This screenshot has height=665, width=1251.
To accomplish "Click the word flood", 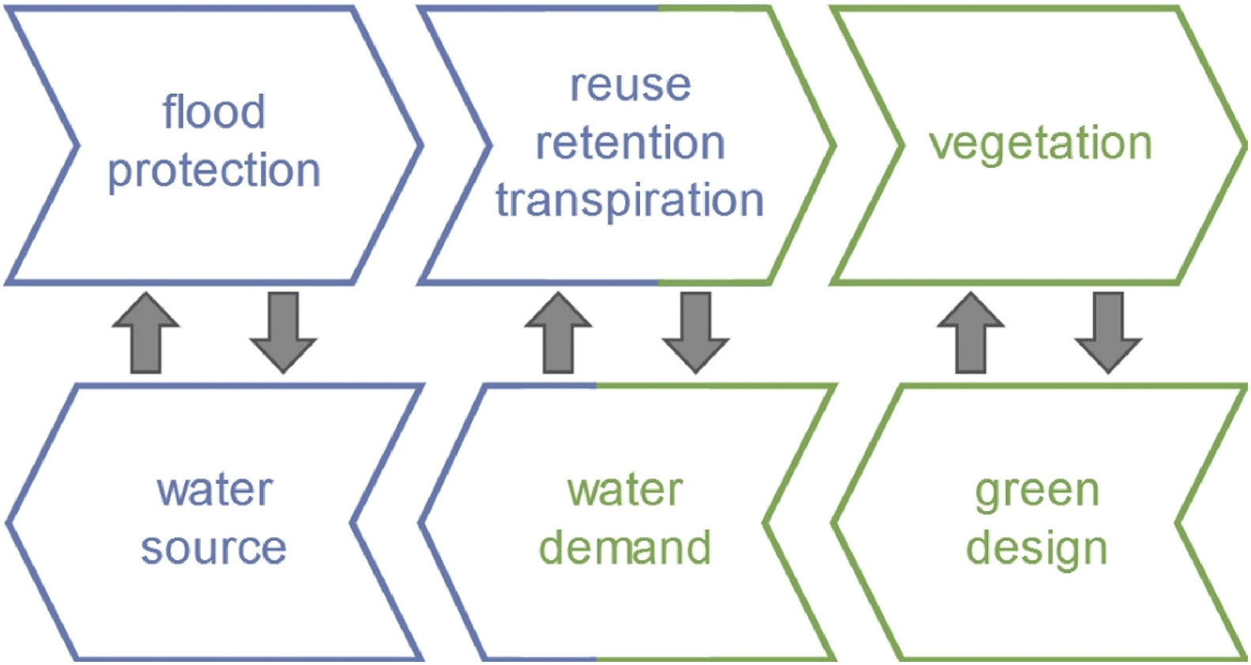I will [213, 112].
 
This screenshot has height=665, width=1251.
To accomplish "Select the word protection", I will [213, 171].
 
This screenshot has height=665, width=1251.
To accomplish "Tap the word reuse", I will [630, 85].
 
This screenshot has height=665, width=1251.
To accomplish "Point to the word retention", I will [630, 143].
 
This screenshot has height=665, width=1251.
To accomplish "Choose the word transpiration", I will [630, 200].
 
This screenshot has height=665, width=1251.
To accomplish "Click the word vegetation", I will [1040, 144].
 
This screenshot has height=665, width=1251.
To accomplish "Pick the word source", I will [213, 547].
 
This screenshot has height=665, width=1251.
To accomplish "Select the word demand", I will [624, 547].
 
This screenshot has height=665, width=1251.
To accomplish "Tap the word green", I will [1037, 491].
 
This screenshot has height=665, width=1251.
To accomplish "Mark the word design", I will [1037, 548].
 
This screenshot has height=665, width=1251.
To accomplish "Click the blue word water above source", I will [214, 490].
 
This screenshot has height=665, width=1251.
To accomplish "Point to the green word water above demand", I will [624, 490].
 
